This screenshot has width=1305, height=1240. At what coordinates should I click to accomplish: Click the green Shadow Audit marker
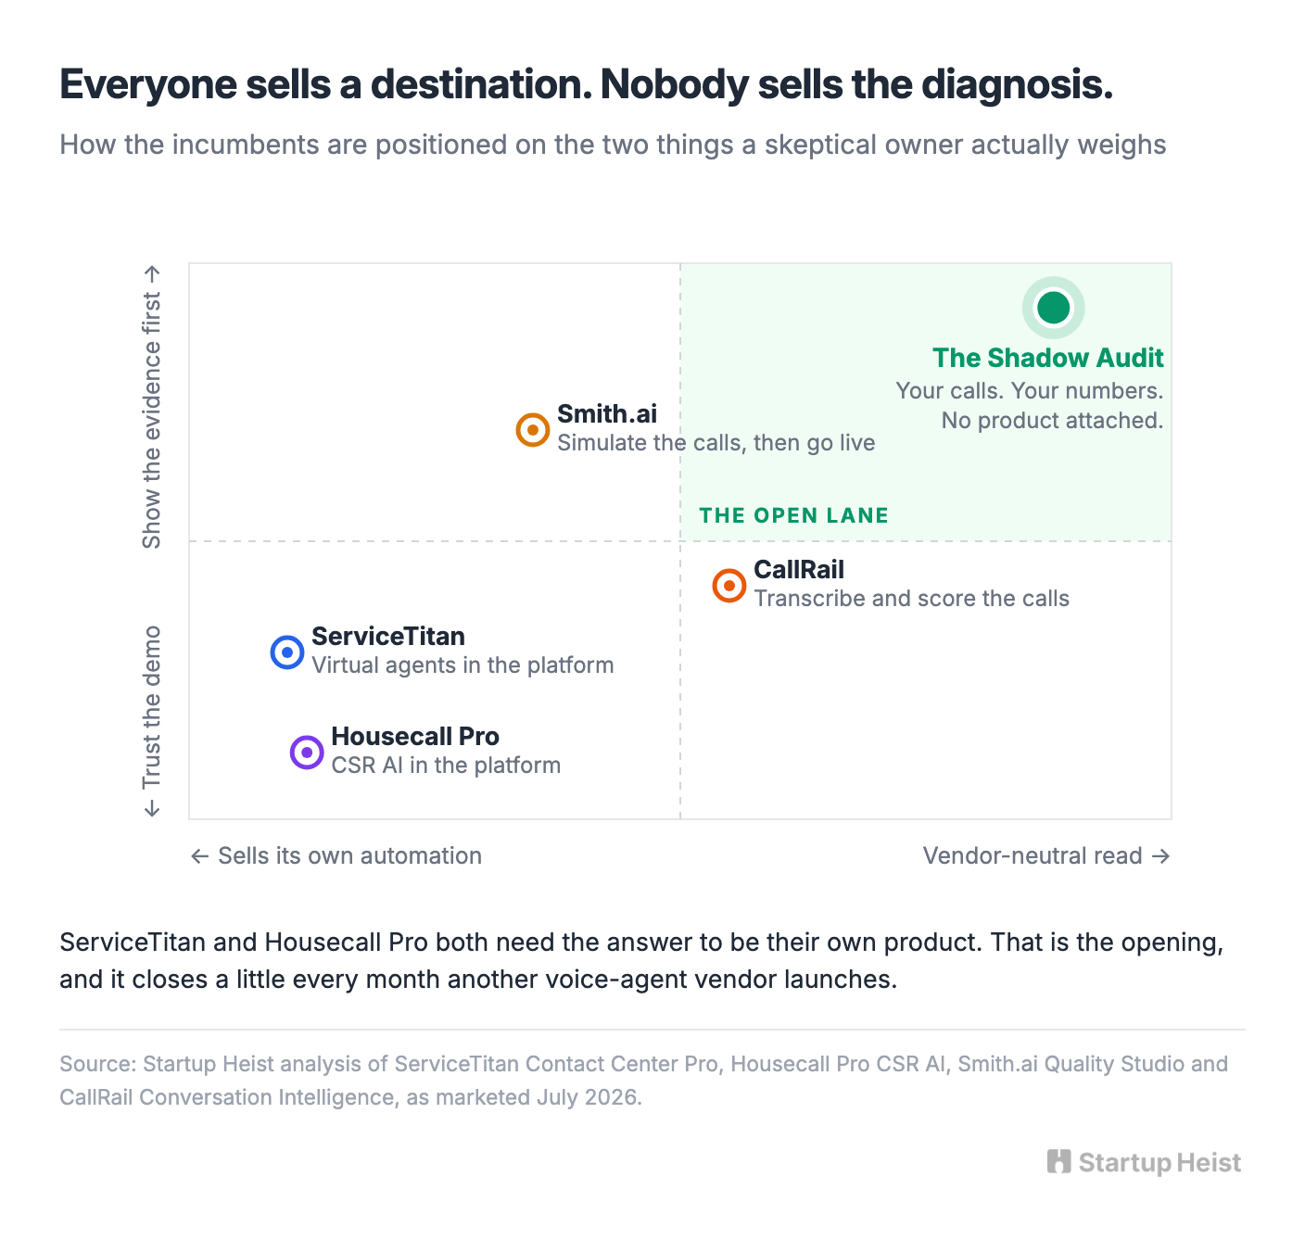click(x=1053, y=308)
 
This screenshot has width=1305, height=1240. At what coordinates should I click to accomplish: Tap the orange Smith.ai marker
click(x=532, y=429)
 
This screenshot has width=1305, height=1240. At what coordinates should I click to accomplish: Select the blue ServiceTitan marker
click(x=287, y=652)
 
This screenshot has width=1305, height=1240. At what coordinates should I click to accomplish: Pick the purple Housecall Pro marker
click(x=307, y=753)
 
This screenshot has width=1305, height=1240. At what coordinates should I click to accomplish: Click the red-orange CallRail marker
click(x=729, y=586)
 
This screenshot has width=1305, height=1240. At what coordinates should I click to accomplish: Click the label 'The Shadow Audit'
click(x=1047, y=358)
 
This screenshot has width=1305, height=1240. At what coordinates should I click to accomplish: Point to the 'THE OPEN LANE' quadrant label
click(x=793, y=515)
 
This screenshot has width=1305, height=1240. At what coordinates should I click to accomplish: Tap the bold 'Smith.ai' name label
click(x=607, y=413)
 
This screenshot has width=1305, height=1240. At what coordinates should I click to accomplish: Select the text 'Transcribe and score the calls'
click(x=911, y=598)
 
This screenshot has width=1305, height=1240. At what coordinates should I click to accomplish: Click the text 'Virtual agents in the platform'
click(x=462, y=665)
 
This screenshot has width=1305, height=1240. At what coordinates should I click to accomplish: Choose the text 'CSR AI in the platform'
click(x=446, y=766)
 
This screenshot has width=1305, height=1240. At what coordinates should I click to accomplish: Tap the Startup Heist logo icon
click(x=1058, y=1161)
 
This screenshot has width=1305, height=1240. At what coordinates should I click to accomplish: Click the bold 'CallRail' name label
click(x=799, y=570)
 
